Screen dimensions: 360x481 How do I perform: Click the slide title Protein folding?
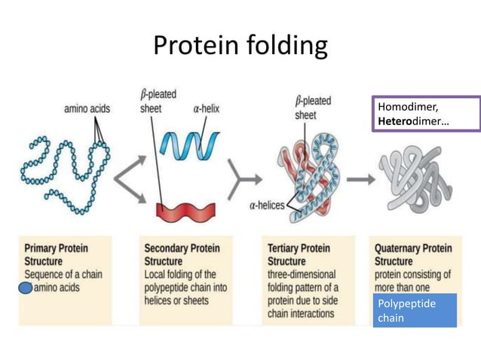click(x=240, y=46)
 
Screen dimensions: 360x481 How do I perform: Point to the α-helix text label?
click(x=200, y=108)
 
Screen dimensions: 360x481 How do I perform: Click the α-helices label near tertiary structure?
click(x=268, y=205)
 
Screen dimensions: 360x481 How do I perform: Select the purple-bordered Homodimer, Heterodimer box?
click(x=426, y=114)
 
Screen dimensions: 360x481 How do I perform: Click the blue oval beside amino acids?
click(x=25, y=288)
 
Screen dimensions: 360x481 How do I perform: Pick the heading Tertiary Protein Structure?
click(x=301, y=254)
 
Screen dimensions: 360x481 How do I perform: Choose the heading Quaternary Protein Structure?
click(x=413, y=254)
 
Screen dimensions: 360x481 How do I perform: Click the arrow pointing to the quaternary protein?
click(x=361, y=179)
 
